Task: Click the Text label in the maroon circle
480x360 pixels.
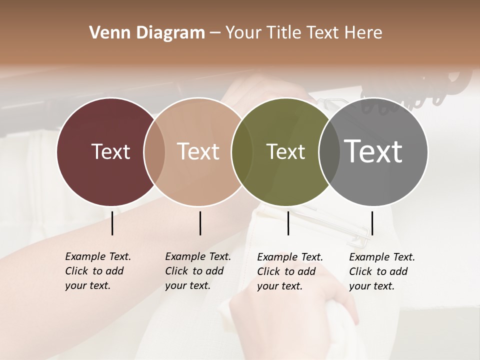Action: point(110,151)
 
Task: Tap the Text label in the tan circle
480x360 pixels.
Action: point(198,151)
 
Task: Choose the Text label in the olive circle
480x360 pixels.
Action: point(285,151)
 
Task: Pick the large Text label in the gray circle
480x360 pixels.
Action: point(373,151)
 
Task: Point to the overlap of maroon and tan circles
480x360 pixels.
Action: point(154,151)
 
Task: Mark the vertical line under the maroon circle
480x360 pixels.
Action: point(112,223)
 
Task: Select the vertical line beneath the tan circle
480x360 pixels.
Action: point(200,223)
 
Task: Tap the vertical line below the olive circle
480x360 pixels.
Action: point(288,223)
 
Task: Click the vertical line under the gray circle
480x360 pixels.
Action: point(372,223)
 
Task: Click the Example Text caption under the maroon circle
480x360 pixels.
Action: point(98,271)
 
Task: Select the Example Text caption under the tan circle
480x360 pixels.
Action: point(198,271)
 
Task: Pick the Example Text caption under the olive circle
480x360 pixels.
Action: point(290,271)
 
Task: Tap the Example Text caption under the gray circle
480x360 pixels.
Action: point(382,271)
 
